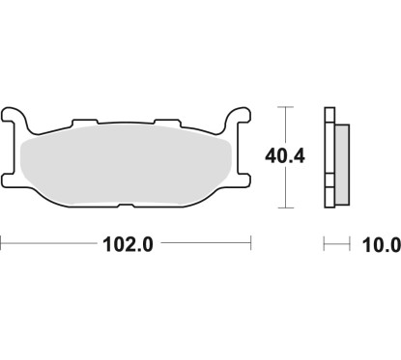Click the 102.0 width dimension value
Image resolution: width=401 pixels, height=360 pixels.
click(x=127, y=245)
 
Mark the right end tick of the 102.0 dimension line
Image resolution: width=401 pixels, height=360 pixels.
click(x=251, y=245)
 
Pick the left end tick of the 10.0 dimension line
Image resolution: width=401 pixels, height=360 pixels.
click(x=324, y=245)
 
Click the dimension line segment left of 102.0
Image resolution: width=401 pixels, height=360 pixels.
click(x=48, y=245)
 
